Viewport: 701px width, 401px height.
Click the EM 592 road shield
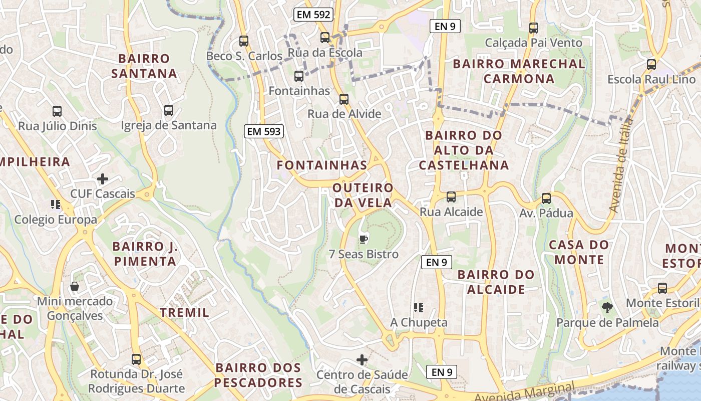[x=313, y=15]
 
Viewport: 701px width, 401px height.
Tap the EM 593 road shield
[x=264, y=132]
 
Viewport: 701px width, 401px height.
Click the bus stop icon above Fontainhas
[x=299, y=76]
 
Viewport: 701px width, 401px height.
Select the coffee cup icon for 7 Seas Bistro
[x=364, y=239]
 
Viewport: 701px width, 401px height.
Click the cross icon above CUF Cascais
[x=103, y=179]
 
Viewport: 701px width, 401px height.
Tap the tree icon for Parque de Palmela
[x=607, y=307]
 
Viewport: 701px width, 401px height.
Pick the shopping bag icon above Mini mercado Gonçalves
[x=75, y=286]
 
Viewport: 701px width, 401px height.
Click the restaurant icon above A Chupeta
[x=419, y=307]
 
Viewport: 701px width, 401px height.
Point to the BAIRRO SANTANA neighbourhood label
[x=144, y=66]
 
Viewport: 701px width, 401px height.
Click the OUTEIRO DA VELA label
[x=363, y=195]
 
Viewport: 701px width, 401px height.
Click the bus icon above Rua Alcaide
[x=451, y=197]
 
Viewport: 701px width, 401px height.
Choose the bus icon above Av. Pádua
[x=546, y=198]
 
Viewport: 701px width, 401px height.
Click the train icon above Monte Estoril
[x=662, y=288]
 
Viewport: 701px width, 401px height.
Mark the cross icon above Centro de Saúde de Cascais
[x=362, y=359]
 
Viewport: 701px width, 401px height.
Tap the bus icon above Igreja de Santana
[x=169, y=110]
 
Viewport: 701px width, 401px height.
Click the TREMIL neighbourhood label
[x=184, y=313]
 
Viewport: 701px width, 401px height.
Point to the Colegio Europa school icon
[x=56, y=205]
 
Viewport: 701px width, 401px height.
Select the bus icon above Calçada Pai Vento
[x=534, y=28]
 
